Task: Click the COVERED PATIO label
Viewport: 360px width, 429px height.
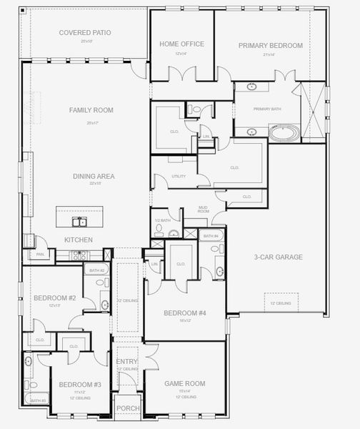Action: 86,32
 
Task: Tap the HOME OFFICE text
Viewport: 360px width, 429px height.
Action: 181,44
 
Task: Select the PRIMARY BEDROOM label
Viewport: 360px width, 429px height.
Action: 271,45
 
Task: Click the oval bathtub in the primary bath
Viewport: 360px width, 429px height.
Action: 285,132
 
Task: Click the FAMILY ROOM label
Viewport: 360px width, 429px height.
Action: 91,110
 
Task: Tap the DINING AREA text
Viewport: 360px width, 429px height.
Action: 94,176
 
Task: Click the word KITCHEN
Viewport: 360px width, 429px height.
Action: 79,240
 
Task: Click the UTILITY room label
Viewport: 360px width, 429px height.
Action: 179,177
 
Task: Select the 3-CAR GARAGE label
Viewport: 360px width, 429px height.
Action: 278,257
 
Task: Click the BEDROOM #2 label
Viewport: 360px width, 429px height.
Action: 54,297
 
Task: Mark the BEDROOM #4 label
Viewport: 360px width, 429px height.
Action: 185,313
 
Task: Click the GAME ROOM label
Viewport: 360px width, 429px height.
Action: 185,383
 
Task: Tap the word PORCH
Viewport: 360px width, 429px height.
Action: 128,408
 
